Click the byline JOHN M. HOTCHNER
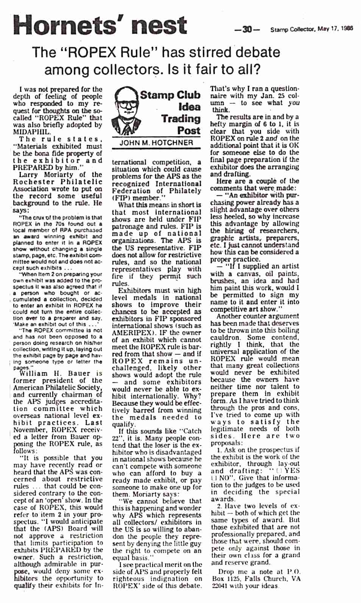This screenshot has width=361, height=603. click(x=156, y=143)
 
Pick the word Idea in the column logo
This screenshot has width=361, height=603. click(x=189, y=107)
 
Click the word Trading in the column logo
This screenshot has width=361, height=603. click(x=181, y=119)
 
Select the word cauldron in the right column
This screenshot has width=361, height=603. click(x=226, y=337)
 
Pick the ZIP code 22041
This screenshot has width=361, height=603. click(x=219, y=586)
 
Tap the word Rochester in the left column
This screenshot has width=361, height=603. click(x=32, y=182)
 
